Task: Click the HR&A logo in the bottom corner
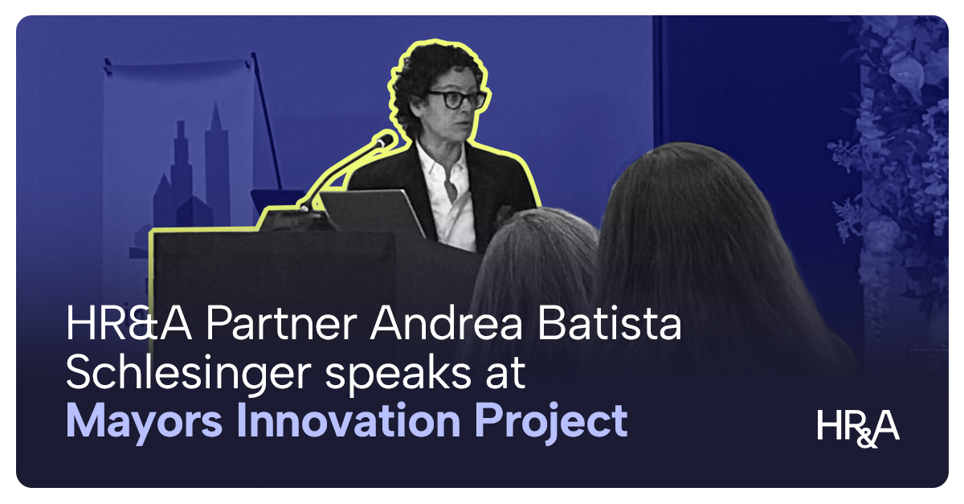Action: click(x=858, y=426)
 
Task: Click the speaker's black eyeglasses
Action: click(x=455, y=99)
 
